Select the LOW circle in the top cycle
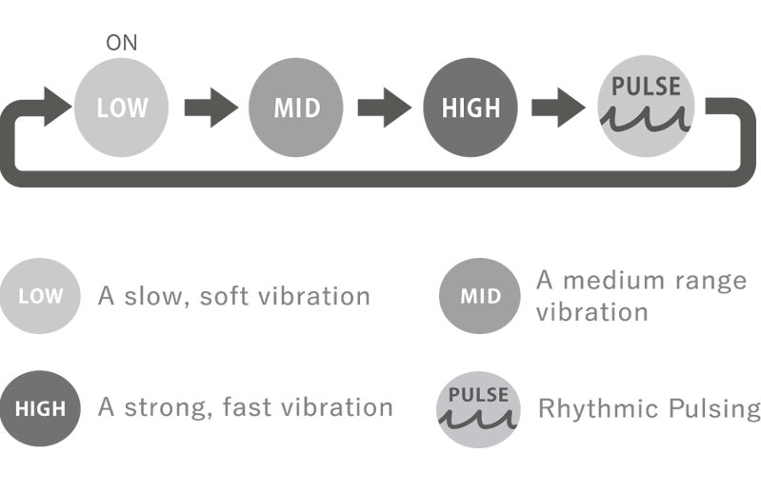tap(121, 108)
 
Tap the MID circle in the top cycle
tap(296, 108)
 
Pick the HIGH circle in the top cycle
tap(471, 108)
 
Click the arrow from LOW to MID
tap(210, 108)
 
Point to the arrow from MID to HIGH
tap(384, 108)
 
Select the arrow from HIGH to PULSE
tap(559, 108)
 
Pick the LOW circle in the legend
tap(40, 296)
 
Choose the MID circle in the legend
tap(479, 296)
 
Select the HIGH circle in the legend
tap(40, 409)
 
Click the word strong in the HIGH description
tap(165, 408)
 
